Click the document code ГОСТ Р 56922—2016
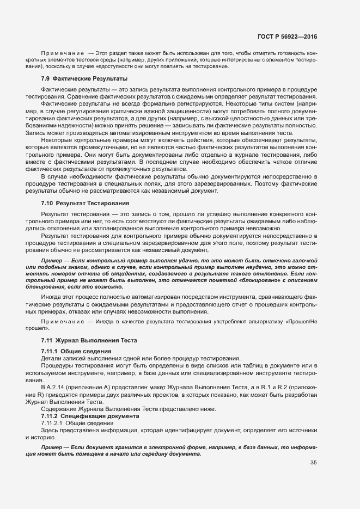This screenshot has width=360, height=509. pyautogui.click(x=287, y=37)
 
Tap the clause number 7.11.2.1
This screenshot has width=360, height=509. pyautogui.click(x=52, y=423)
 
